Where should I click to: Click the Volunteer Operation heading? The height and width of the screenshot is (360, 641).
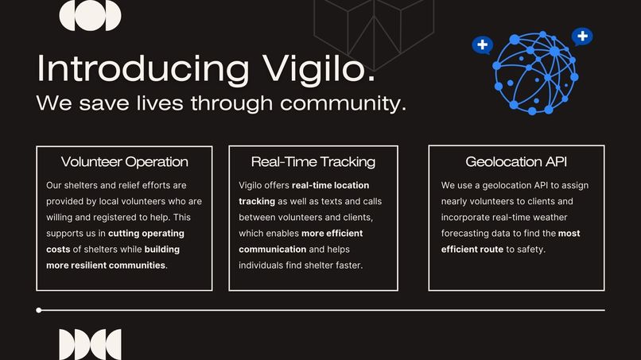[125, 162]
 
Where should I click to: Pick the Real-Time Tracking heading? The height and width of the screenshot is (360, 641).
[313, 162]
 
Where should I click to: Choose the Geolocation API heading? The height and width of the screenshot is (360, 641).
[516, 162]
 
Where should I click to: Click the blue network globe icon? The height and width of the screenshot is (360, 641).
[536, 74]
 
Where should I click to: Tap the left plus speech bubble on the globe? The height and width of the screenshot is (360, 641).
[482, 45]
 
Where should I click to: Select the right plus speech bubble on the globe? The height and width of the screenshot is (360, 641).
[583, 36]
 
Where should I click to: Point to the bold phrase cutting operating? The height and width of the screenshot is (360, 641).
[146, 234]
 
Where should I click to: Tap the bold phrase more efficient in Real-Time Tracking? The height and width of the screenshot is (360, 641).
[332, 234]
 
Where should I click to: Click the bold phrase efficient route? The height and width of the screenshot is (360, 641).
[472, 250]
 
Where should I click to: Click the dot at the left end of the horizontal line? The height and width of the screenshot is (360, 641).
[39, 310]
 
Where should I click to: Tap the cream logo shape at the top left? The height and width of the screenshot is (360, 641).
[90, 15]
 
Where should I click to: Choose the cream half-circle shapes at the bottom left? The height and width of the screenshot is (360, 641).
[90, 344]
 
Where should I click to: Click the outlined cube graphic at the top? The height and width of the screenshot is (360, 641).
[373, 32]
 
